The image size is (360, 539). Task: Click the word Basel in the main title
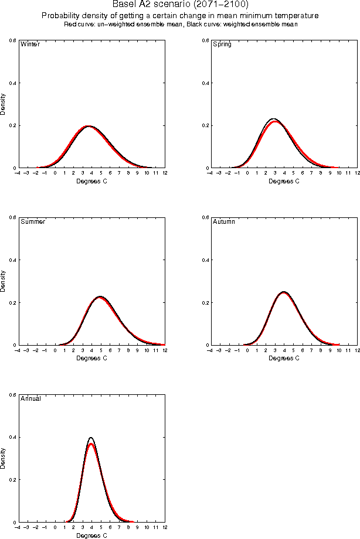coord(124,5)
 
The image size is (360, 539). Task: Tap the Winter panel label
coord(30,44)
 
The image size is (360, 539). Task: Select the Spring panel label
coord(222,44)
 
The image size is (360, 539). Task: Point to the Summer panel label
coord(33,221)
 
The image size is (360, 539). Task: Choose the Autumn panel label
coord(223,221)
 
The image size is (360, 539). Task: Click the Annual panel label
coord(31,398)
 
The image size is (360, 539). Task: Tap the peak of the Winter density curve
coord(88,126)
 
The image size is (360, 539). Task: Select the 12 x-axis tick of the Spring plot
coord(357,173)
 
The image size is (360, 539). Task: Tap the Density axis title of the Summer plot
coord(3,281)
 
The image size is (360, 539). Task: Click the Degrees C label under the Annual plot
coord(92,535)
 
